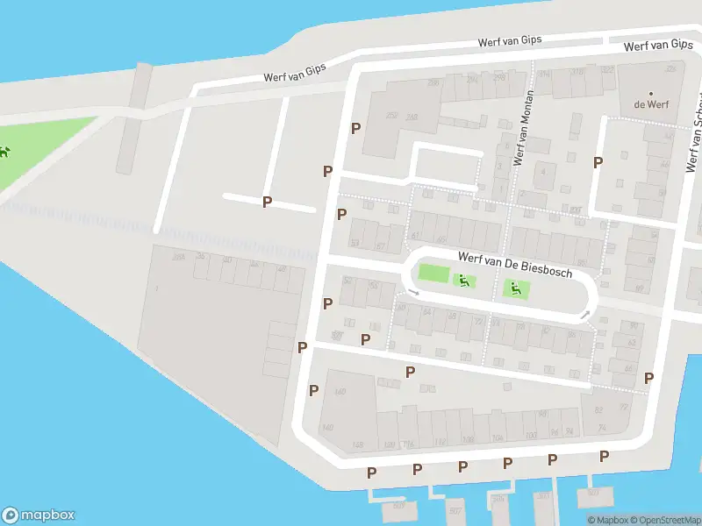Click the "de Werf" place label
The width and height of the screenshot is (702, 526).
click(x=651, y=103)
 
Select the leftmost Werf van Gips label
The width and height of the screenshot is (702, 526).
click(x=304, y=72)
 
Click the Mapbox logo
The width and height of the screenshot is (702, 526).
click(x=39, y=515)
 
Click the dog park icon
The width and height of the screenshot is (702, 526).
click(x=4, y=152)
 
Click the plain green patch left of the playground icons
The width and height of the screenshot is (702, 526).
click(x=433, y=274)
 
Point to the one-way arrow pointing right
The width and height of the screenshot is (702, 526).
click(x=413, y=292)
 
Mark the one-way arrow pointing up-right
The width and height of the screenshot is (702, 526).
click(x=584, y=314)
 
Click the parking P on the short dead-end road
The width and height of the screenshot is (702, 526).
click(x=268, y=202)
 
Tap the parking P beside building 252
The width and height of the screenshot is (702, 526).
click(x=355, y=128)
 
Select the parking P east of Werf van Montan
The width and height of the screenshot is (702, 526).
click(x=598, y=162)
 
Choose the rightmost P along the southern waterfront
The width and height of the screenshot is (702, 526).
click(x=604, y=456)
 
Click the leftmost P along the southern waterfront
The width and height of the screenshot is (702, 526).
click(x=371, y=473)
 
